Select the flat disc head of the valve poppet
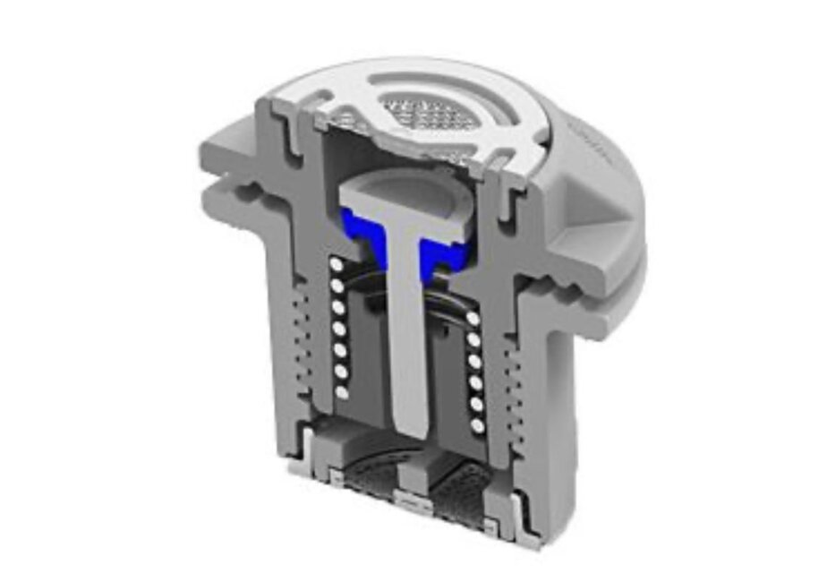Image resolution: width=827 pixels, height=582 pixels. pyautogui.click(x=407, y=195)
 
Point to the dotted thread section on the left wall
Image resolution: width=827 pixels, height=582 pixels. pyautogui.click(x=296, y=340)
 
